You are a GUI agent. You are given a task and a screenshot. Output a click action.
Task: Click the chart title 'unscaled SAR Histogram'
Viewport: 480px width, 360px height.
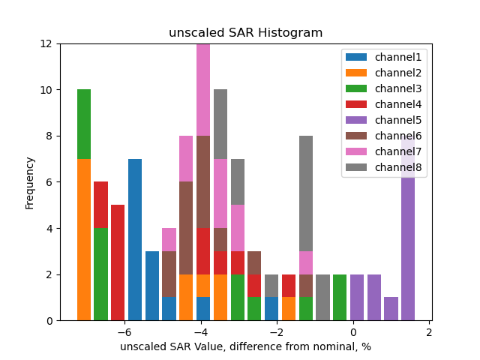click(x=245, y=33)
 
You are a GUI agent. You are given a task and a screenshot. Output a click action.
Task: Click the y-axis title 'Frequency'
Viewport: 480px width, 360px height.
click(x=30, y=182)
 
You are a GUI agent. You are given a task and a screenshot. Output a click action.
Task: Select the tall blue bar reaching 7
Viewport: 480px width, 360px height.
click(x=135, y=240)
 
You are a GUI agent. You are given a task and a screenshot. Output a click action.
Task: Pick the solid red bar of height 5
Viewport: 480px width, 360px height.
click(x=118, y=262)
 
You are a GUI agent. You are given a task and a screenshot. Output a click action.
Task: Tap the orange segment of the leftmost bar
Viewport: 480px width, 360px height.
click(x=84, y=240)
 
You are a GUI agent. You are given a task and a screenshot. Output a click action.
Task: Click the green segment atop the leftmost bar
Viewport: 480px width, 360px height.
click(x=84, y=124)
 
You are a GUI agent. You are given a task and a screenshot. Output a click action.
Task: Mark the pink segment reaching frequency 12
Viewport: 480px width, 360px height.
click(x=203, y=90)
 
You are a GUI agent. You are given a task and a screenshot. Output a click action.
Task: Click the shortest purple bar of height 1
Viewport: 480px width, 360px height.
click(x=391, y=309)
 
